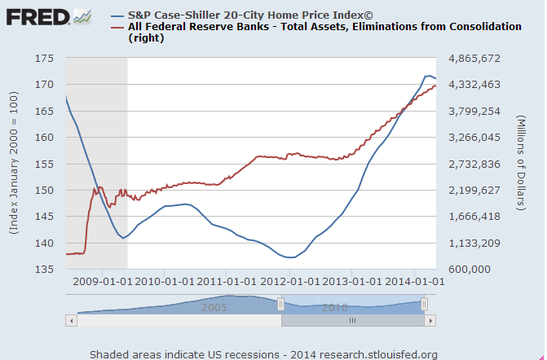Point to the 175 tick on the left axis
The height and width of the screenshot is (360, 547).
[x=45, y=59]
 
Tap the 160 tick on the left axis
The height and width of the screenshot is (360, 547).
[x=45, y=138]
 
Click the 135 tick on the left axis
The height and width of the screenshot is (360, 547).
[x=45, y=270]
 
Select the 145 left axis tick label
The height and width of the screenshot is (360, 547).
[x=45, y=217]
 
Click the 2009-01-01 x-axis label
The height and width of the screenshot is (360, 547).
[x=102, y=283]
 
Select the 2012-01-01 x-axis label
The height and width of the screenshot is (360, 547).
[x=290, y=283]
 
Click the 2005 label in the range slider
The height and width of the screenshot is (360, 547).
[x=214, y=308]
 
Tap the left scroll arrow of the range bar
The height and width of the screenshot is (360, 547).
[x=71, y=321]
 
